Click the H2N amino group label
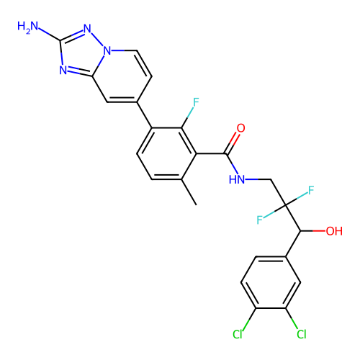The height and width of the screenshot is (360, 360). pyautogui.click(x=28, y=27)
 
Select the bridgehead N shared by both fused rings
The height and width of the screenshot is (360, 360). pyautogui.click(x=107, y=51)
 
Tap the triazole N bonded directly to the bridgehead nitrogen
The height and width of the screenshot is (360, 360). pyautogui.click(x=87, y=29)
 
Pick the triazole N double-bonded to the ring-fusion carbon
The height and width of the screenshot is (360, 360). pyautogui.click(x=63, y=70)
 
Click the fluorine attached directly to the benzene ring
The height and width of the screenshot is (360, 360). pyautogui.click(x=196, y=102)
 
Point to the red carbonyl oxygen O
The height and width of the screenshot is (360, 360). pyautogui.click(x=240, y=128)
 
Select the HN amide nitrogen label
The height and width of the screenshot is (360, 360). pyautogui.click(x=237, y=179)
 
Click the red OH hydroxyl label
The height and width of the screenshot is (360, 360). pyautogui.click(x=334, y=231)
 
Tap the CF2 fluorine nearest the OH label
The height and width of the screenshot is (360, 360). pyautogui.click(x=311, y=190)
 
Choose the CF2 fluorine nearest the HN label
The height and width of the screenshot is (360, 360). pyautogui.click(x=259, y=220)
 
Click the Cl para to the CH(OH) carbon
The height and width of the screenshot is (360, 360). pyautogui.click(x=238, y=334)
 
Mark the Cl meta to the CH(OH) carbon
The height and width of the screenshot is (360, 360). pyautogui.click(x=302, y=334)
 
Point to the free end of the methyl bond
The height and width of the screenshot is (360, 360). pyautogui.click(x=197, y=205)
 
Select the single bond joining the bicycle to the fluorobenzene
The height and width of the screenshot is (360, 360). pyautogui.click(x=144, y=115)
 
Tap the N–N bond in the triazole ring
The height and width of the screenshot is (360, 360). pyautogui.click(x=97, y=40)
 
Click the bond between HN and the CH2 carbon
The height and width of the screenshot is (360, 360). pyautogui.click(x=258, y=179)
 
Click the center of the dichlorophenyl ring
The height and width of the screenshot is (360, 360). pyautogui.click(x=271, y=282)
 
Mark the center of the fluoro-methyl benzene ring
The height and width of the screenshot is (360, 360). pyautogui.click(x=166, y=153)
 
